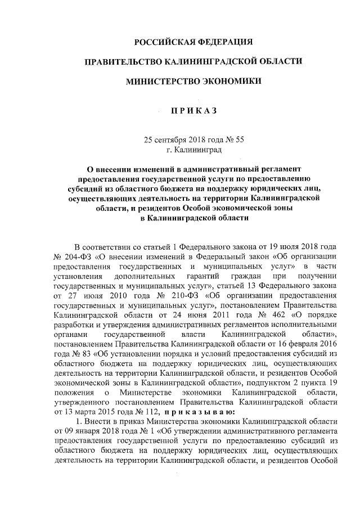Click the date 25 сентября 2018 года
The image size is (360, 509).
[182, 139]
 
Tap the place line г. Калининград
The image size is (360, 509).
[194, 150]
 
